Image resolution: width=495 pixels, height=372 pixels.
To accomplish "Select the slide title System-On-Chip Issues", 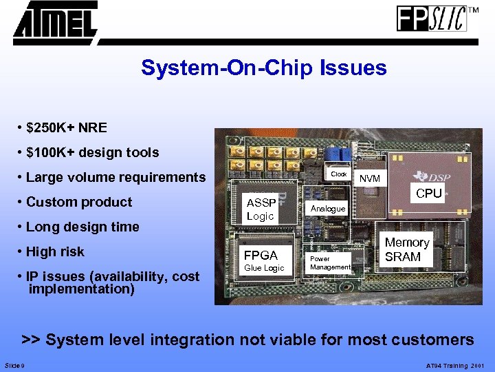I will click(x=263, y=68).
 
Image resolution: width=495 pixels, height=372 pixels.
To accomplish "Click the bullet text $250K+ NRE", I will click(x=66, y=127).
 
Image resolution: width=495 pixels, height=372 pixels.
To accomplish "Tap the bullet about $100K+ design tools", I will click(x=92, y=152).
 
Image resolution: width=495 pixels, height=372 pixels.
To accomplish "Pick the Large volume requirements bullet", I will click(x=115, y=177).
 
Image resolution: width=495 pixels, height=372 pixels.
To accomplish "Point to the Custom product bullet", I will click(x=78, y=202).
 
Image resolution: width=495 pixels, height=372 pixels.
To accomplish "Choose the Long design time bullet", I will click(x=82, y=227).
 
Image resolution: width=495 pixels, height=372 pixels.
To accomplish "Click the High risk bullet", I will click(x=55, y=251).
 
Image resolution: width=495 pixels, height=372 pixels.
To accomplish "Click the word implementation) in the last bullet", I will click(x=81, y=289).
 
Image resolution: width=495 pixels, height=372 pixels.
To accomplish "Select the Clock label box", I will click(x=339, y=174).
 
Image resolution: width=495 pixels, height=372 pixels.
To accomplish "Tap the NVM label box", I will click(x=369, y=178).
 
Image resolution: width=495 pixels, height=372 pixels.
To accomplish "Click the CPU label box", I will click(x=429, y=194).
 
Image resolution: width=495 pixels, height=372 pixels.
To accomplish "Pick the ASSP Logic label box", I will click(x=261, y=209).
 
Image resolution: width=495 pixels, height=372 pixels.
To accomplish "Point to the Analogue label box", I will click(x=328, y=208).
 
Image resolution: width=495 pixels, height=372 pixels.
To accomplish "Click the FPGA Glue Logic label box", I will click(x=264, y=260).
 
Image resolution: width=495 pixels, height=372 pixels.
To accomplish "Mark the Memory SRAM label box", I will click(x=406, y=249).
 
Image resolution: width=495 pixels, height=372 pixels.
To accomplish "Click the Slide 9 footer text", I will click(x=14, y=365).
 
